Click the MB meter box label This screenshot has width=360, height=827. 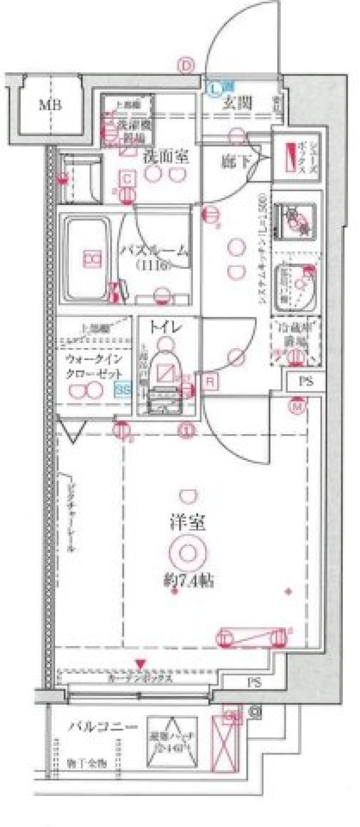pos(50,105)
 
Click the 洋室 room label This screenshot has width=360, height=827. pos(187,524)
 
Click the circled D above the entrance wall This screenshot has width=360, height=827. pos(187,66)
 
